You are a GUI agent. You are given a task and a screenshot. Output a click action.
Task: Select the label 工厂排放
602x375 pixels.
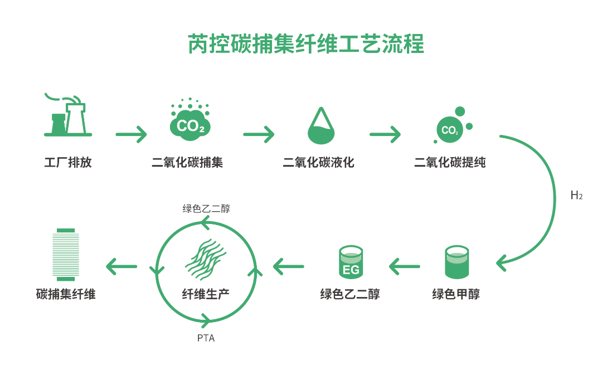coord(67,163)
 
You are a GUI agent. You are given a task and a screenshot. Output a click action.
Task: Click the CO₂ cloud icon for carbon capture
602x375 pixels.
coord(190,123)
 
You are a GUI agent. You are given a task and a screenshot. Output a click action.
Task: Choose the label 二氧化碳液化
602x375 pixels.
coord(318,163)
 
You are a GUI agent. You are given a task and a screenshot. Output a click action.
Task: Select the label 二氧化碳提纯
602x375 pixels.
coord(450,163)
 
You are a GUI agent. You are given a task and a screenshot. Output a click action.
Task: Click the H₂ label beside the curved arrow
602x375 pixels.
coord(576,196)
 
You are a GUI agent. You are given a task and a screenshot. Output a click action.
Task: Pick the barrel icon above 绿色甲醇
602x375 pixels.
coord(456,262)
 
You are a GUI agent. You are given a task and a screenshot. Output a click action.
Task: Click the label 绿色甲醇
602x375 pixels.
coord(456,294)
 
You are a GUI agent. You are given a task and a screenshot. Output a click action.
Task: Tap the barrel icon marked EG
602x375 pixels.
coord(351,263)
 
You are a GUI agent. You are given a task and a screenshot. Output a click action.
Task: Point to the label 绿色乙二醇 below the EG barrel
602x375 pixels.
coord(350,294)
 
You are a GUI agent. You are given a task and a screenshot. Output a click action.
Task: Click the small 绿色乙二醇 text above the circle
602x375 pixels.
coord(206,209)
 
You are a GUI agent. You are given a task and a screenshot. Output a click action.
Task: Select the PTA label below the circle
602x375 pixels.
coord(206,338)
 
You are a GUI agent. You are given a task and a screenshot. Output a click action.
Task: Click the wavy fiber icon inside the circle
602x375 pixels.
coord(205,260)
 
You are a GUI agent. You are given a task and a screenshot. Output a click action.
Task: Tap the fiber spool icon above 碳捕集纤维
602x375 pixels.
coord(66,255)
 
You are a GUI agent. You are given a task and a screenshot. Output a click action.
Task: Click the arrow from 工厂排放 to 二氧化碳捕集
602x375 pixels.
coord(132,134)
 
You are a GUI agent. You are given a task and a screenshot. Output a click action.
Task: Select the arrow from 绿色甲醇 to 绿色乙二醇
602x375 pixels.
coord(405,266)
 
